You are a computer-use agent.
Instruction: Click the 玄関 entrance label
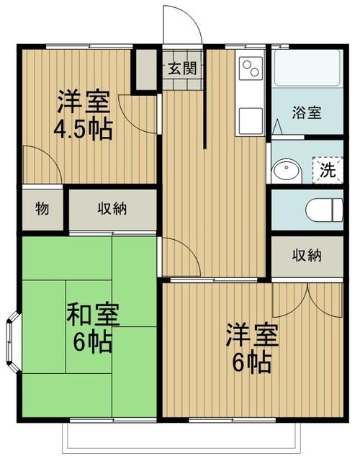point(182,69)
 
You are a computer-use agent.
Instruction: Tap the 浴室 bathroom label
point(307,112)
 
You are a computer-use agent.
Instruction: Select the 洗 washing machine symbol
point(328,170)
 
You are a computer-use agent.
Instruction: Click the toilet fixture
point(325,210)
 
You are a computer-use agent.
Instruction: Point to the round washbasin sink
point(287,171)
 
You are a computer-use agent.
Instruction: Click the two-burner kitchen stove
point(251,68)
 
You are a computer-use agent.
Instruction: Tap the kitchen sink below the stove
point(251,120)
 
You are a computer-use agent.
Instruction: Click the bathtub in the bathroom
point(307,68)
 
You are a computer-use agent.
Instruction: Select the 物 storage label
point(42,209)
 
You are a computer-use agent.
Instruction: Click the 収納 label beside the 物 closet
point(112,209)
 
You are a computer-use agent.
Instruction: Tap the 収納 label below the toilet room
point(307,256)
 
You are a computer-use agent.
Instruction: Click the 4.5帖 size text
point(84,130)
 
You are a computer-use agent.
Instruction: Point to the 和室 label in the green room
point(93,315)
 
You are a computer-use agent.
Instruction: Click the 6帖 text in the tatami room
point(93,342)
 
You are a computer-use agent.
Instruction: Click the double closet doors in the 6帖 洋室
point(307,300)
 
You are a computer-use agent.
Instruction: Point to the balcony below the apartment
point(182,440)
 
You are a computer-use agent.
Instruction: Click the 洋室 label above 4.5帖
point(84,102)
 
